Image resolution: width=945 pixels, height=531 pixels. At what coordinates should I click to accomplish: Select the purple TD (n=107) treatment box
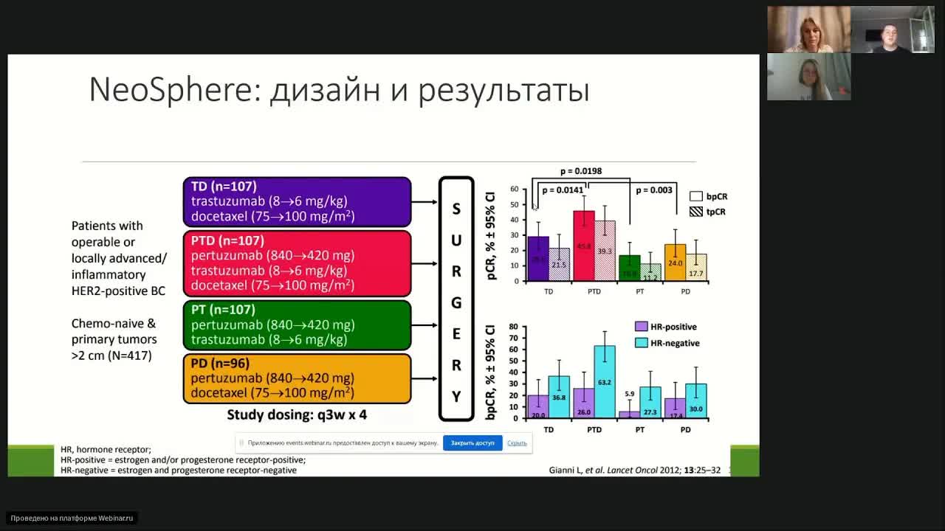(x=297, y=201)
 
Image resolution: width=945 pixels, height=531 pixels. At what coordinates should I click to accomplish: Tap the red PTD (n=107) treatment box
(x=297, y=263)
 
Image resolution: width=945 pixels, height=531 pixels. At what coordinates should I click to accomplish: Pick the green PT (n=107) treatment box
(x=297, y=324)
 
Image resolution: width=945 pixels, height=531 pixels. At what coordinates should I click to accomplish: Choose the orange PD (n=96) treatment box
(x=297, y=378)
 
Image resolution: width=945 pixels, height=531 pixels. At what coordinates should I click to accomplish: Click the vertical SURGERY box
(x=456, y=299)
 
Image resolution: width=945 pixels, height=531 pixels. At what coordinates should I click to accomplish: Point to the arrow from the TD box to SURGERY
(x=425, y=201)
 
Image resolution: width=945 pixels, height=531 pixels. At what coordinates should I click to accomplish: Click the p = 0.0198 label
(x=580, y=171)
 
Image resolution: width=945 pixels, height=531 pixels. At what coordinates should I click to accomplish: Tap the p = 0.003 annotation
(x=654, y=190)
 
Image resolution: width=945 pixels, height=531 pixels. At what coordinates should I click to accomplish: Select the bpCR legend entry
(x=708, y=197)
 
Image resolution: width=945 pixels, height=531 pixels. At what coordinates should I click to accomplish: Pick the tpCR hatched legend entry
(x=708, y=212)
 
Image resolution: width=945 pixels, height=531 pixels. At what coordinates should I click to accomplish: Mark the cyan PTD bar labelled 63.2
(x=605, y=382)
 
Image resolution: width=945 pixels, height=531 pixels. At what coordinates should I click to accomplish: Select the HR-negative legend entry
(x=667, y=343)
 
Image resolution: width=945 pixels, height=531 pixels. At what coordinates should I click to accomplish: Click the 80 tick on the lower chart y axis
(x=513, y=327)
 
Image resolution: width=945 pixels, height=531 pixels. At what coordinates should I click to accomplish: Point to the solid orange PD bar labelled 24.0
(x=675, y=262)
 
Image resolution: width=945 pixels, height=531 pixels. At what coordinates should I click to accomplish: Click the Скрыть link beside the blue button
(x=517, y=443)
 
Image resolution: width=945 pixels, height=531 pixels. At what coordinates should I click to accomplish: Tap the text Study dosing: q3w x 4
(x=297, y=414)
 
